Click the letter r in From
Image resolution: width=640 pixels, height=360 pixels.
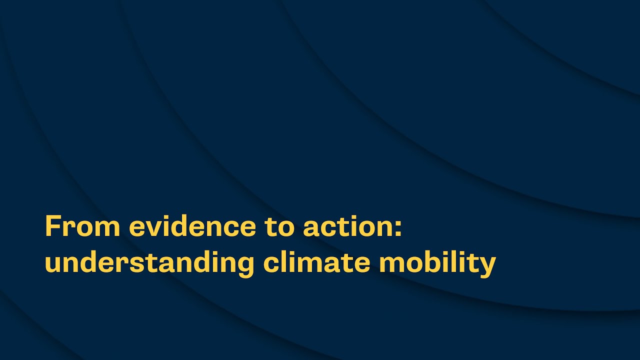tap(67, 228)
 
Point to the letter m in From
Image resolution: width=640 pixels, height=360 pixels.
tap(107, 228)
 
